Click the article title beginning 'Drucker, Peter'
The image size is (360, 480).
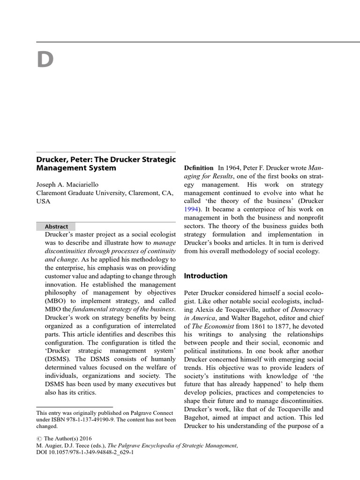(106, 163)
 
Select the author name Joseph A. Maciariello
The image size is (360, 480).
(70, 184)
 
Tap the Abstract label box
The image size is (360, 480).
(56, 226)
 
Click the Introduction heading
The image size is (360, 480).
(205, 276)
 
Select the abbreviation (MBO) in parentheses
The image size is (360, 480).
(48, 301)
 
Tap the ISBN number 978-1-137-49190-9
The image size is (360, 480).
(99, 420)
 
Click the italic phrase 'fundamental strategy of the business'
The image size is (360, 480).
(124, 310)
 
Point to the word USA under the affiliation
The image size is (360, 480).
(43, 201)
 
